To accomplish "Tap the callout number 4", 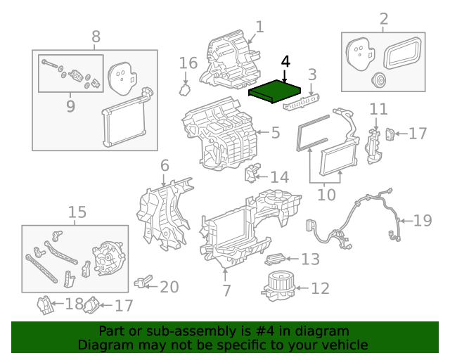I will click(x=285, y=61).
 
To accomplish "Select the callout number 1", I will click(x=259, y=27).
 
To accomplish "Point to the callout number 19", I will click(x=422, y=221).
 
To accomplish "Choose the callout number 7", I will click(x=226, y=289).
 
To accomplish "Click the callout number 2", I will click(x=383, y=18).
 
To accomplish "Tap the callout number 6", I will click(x=165, y=166).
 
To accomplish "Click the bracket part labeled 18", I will click(x=44, y=305).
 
